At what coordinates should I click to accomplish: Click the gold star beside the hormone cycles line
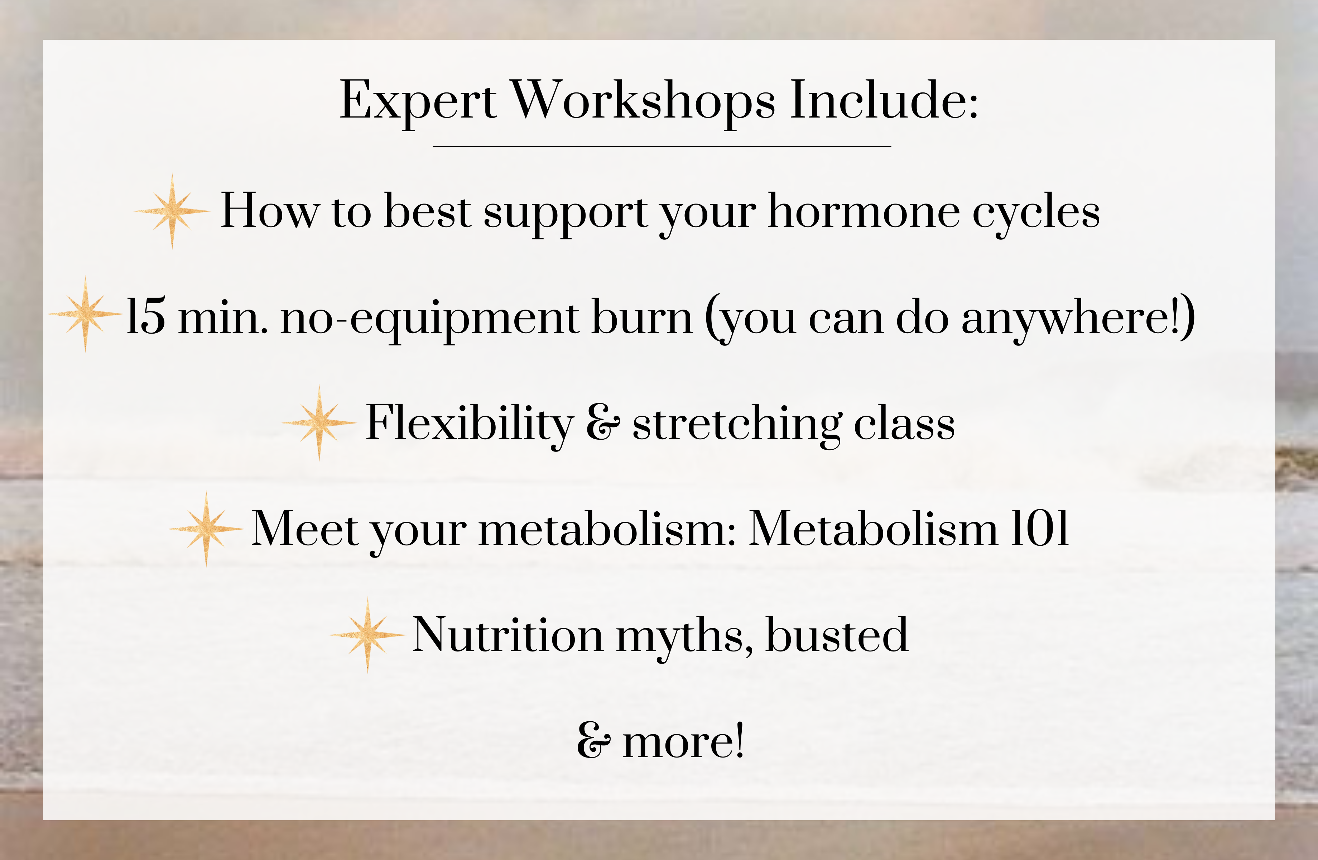(x=172, y=211)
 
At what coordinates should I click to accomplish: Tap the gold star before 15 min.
(x=85, y=314)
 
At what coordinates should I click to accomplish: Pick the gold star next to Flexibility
(x=319, y=423)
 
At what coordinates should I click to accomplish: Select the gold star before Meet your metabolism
(x=207, y=529)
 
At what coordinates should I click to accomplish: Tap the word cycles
(x=1036, y=216)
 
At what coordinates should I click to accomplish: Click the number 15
(x=146, y=316)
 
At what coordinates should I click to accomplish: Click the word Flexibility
(x=470, y=425)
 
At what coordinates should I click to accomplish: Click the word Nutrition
(x=508, y=635)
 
